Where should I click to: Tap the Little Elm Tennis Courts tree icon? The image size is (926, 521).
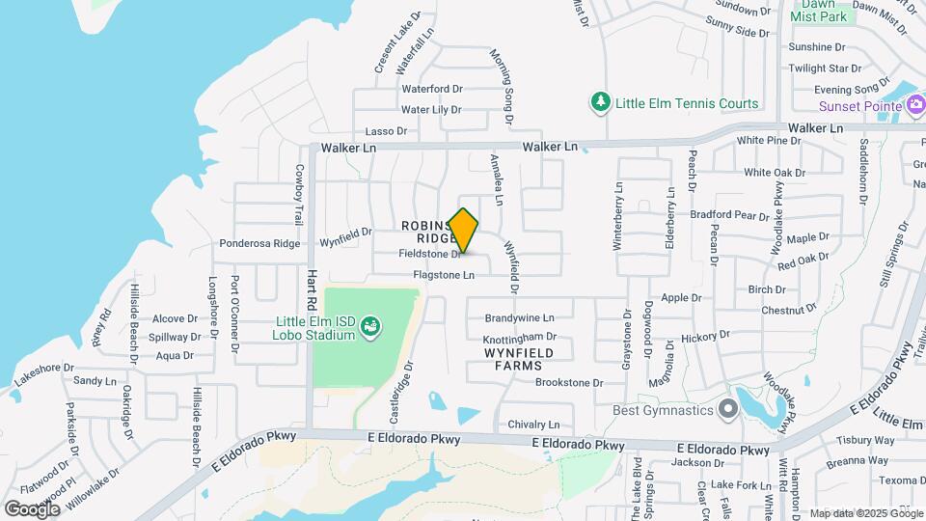click(601, 102)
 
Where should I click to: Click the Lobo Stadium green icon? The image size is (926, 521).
click(368, 329)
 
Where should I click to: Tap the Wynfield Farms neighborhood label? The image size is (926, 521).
click(525, 359)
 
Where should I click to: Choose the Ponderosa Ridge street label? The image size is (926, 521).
click(259, 244)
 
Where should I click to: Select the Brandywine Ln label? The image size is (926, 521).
click(519, 317)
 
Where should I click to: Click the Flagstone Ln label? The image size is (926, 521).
click(444, 275)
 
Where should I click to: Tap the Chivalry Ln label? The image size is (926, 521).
click(534, 425)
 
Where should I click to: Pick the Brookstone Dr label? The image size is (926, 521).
click(569, 383)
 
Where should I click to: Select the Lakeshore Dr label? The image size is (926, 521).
click(39, 369)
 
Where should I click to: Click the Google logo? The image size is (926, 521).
click(32, 508)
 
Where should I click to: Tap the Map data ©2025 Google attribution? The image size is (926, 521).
click(864, 513)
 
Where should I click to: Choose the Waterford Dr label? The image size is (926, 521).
click(432, 89)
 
